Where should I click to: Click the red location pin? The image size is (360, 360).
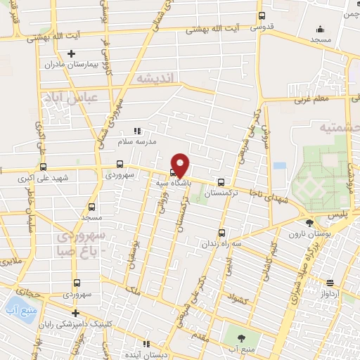[x=180, y=164]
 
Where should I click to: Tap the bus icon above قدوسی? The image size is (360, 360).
[x=262, y=16]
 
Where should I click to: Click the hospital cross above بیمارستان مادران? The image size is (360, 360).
[x=70, y=54]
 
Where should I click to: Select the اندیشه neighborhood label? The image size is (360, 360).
[x=155, y=77]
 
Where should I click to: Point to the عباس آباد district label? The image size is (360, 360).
[x=63, y=97]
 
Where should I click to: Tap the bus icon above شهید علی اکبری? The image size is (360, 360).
[x=44, y=167]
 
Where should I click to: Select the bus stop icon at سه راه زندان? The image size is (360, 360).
[x=221, y=233]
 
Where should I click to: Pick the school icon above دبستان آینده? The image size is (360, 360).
[x=146, y=344]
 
